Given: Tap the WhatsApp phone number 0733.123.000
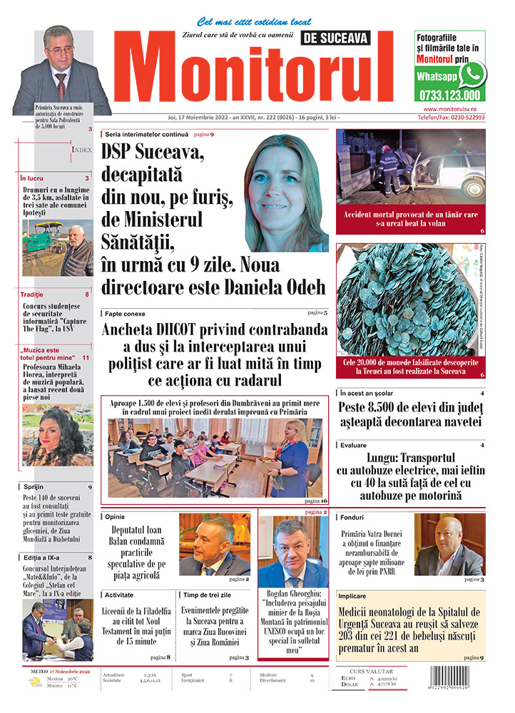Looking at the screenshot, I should click(450, 95).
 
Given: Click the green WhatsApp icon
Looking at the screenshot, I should click(472, 74).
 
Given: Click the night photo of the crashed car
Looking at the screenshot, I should click(410, 167).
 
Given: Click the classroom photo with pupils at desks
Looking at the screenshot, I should click(214, 457).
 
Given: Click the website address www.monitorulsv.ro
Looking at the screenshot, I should click(449, 108).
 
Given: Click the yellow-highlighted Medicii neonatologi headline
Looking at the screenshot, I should click(410, 627).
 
